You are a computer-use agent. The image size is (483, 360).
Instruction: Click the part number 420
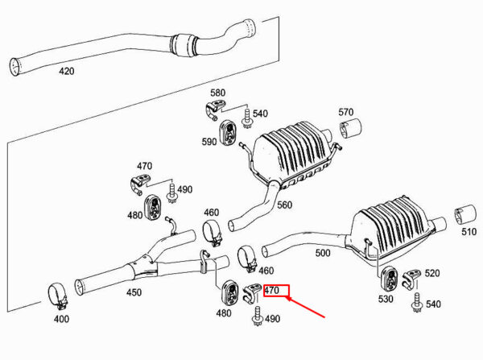tap(66, 71)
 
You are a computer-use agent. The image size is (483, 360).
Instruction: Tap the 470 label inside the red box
tap(271, 291)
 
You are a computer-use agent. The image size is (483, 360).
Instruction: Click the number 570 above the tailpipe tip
tap(345, 112)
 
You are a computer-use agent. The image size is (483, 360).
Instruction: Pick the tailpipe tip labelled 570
tap(351, 130)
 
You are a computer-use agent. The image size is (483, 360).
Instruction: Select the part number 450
tap(134, 292)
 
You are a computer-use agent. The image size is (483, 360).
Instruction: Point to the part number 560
tap(285, 205)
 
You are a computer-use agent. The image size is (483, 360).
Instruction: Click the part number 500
tap(322, 253)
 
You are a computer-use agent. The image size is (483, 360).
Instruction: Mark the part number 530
tap(386, 299)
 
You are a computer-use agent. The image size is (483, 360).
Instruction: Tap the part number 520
tap(432, 274)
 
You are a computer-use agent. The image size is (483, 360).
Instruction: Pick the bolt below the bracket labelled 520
tap(418, 301)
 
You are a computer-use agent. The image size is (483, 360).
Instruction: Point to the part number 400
tap(62, 319)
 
